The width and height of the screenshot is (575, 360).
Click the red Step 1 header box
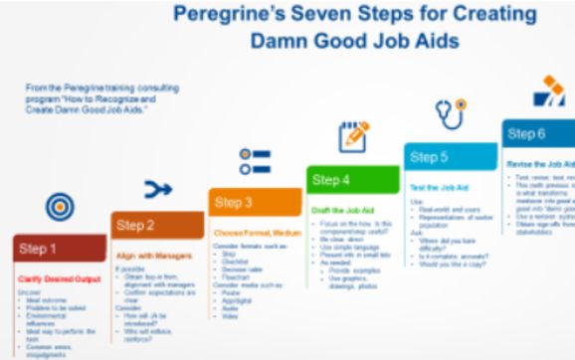pos(59,249)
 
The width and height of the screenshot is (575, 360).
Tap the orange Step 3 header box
pos(255,203)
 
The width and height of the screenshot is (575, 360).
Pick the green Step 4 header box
pos(352,180)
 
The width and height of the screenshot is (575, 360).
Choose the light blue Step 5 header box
pos(450,157)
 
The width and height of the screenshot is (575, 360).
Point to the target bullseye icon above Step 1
pos(60,207)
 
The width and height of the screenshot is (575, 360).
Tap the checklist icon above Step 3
pos(256,162)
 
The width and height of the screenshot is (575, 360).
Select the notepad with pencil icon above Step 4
pos(353,136)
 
